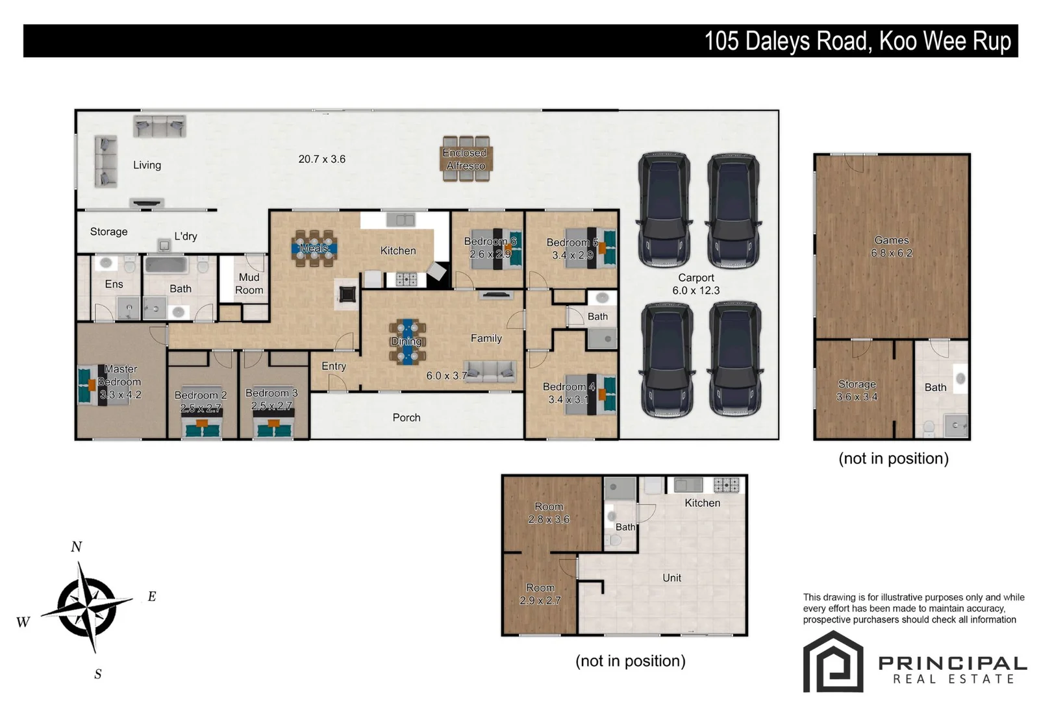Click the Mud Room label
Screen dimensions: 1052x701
point(249,284)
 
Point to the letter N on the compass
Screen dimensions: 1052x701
point(77,547)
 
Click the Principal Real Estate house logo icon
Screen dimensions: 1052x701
point(833,661)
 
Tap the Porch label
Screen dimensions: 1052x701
point(407,417)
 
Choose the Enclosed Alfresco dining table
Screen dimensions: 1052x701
point(466,159)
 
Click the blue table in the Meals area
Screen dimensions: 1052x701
point(314,249)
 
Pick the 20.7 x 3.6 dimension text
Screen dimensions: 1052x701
point(321,159)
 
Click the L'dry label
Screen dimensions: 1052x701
point(186,236)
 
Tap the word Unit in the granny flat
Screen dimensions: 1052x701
point(671,578)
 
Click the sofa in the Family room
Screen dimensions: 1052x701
point(490,371)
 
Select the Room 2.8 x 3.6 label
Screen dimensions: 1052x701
point(549,513)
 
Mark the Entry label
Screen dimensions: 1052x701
point(333,366)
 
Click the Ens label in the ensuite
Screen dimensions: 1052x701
point(114,284)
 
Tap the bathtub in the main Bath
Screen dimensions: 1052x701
point(167,265)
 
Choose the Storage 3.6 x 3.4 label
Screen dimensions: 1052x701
point(857,390)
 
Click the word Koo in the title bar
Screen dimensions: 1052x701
point(899,42)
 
